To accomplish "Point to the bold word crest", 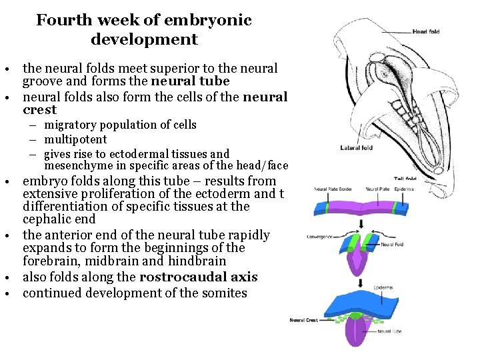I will tap(40, 110).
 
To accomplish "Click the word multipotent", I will tap(75, 139).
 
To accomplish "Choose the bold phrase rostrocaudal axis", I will tap(197, 277).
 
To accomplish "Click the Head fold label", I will tap(425, 31).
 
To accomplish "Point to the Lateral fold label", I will tap(357, 148).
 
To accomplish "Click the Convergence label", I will tap(321, 236).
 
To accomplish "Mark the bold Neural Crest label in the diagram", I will tap(303, 320).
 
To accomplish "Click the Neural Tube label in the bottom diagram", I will tap(389, 331).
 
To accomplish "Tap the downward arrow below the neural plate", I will tap(361, 223).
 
